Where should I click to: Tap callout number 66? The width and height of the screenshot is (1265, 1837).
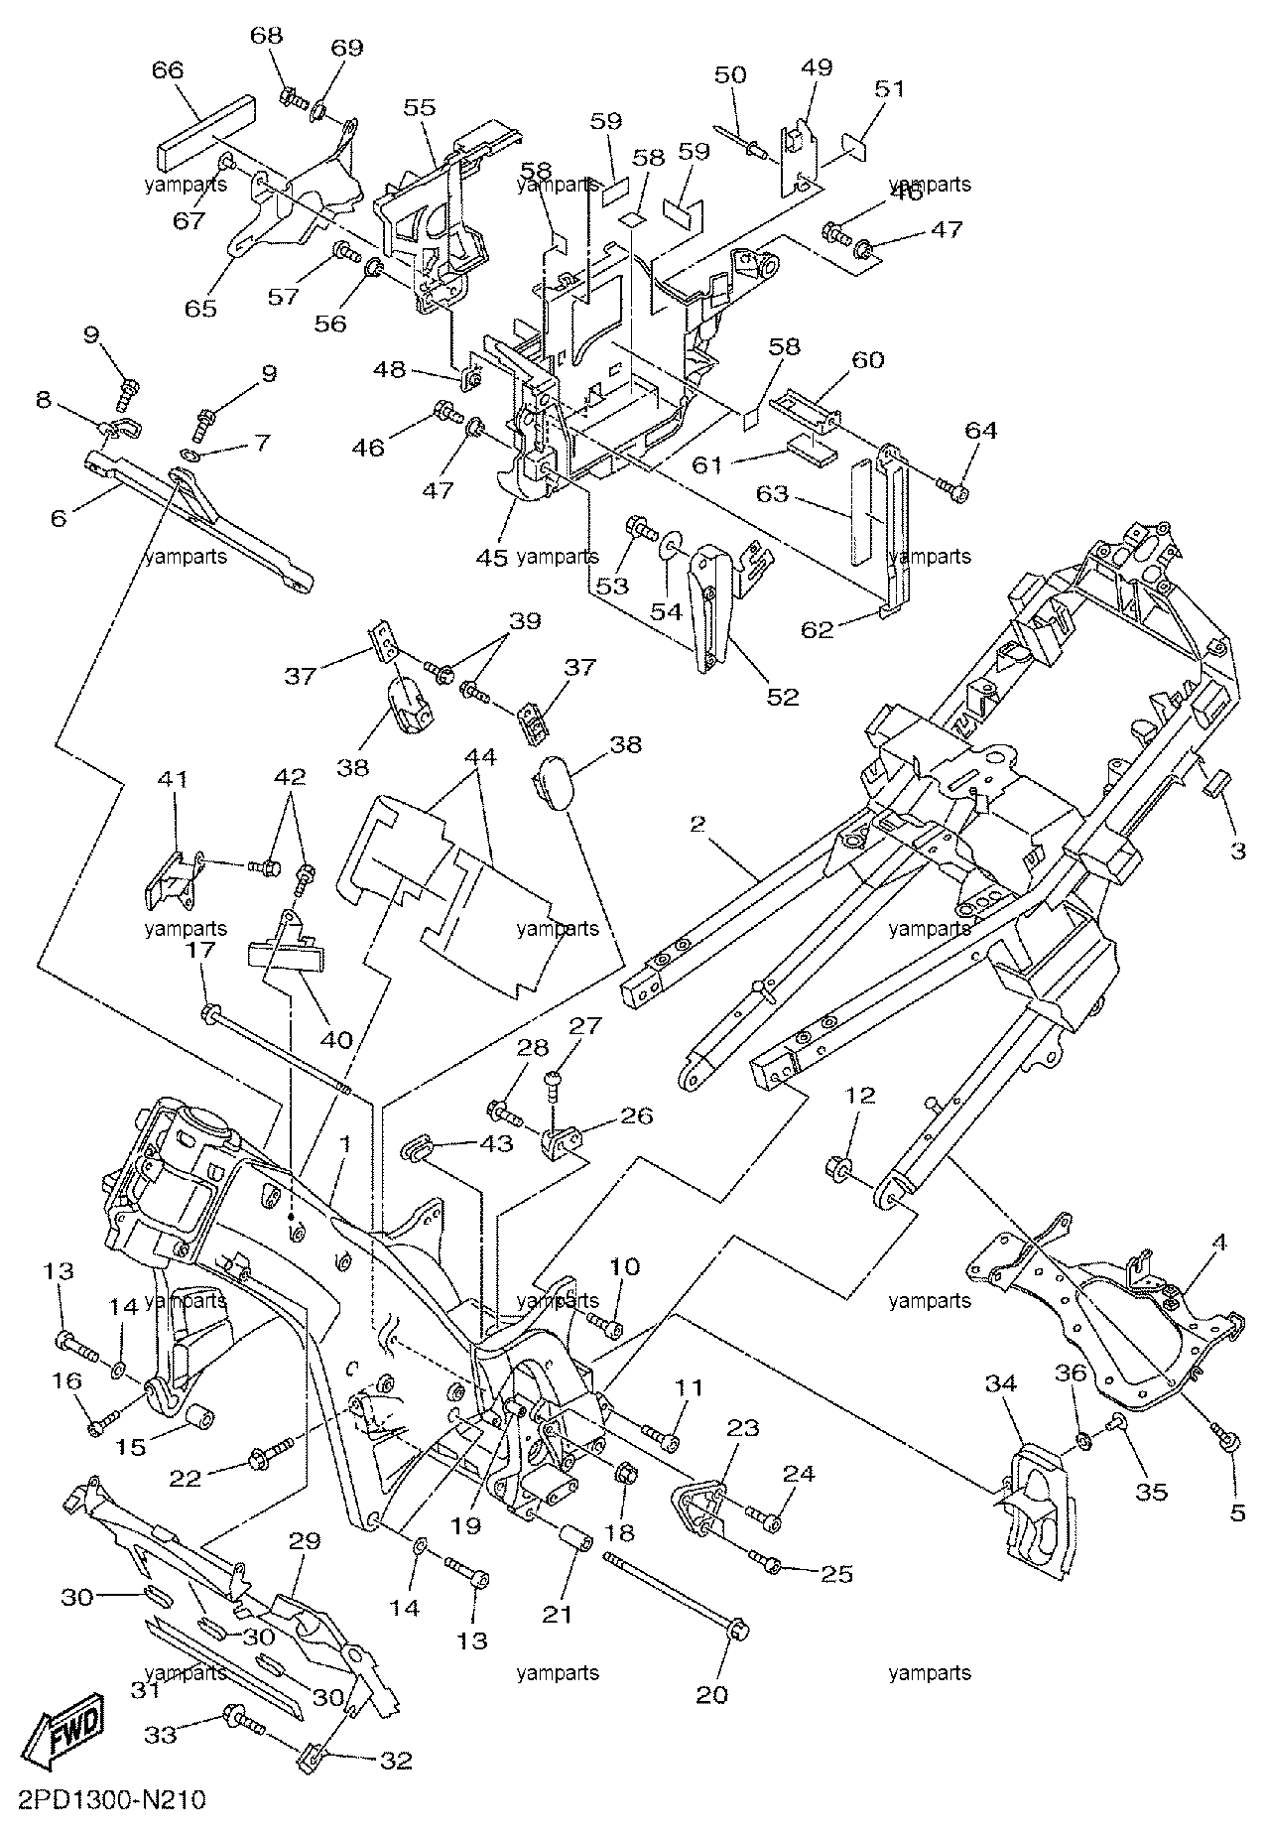[x=168, y=70]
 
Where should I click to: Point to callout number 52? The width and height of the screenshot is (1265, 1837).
[x=783, y=697]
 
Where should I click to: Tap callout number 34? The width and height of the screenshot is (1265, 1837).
[x=1000, y=1385]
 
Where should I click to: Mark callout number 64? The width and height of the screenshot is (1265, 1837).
[x=980, y=431]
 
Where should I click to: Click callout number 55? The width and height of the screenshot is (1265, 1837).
[x=420, y=107]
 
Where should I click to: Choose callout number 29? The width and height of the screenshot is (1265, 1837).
[x=306, y=1541]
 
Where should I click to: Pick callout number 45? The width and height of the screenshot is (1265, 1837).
[x=491, y=557]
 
